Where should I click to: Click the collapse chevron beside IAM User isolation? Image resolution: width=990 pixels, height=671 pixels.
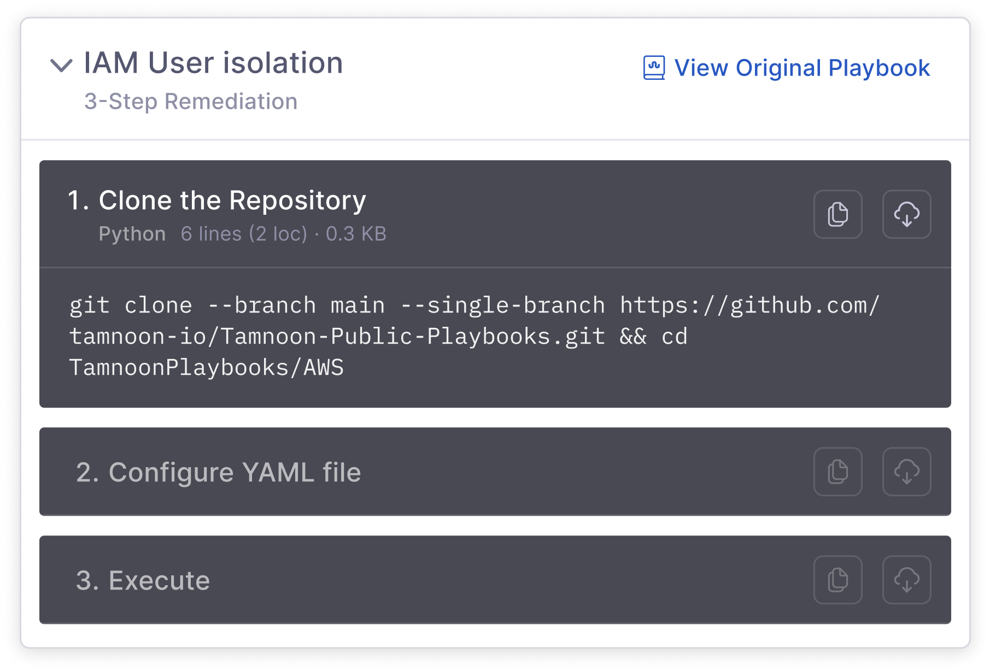click(x=61, y=66)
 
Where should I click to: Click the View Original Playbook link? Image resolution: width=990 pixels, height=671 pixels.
click(x=801, y=68)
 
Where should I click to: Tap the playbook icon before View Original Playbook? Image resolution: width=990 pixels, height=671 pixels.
click(x=654, y=68)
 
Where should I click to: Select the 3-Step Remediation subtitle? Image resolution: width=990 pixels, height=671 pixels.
click(x=191, y=102)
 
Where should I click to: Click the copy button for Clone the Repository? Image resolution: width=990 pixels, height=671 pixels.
click(x=837, y=214)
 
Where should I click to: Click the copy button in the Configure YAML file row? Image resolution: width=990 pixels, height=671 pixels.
click(x=837, y=472)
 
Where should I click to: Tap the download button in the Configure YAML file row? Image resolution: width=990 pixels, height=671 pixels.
click(x=906, y=472)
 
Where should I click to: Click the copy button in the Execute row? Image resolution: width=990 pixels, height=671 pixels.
click(x=837, y=580)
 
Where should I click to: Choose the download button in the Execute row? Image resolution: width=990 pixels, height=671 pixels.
click(x=906, y=580)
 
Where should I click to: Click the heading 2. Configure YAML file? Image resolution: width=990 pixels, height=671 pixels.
click(x=218, y=472)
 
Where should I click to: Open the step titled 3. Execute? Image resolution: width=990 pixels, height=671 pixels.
click(x=143, y=580)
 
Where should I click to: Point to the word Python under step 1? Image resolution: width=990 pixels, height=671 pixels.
click(x=132, y=234)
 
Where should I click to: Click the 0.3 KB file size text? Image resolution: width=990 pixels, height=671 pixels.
click(x=356, y=234)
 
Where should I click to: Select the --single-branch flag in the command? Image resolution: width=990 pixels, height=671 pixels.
click(x=502, y=305)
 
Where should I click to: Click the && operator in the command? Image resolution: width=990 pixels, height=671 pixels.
click(x=633, y=337)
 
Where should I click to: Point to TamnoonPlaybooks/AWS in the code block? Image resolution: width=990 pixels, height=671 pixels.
click(x=206, y=368)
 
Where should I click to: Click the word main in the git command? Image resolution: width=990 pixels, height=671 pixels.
click(x=358, y=305)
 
